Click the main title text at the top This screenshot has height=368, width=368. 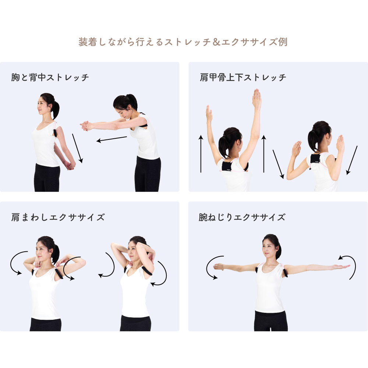(x=183, y=42)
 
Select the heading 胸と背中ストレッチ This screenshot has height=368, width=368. (x=50, y=78)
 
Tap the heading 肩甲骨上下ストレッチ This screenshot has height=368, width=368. (x=243, y=78)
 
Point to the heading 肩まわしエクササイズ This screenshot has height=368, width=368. (x=58, y=217)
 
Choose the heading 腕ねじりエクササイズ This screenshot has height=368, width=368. (x=242, y=217)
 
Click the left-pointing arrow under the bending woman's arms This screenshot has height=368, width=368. (x=112, y=139)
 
